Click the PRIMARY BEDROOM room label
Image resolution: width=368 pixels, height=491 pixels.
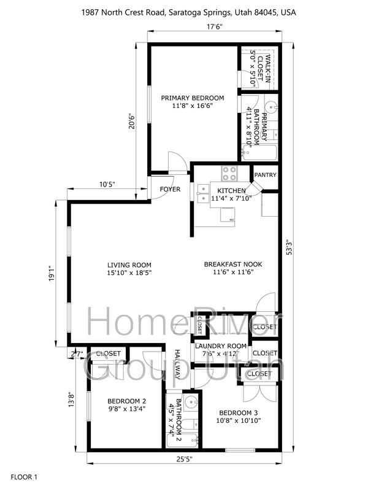click(x=193, y=98)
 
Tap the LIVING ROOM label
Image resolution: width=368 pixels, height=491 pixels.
click(x=129, y=265)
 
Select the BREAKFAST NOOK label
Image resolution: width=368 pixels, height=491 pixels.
click(x=233, y=265)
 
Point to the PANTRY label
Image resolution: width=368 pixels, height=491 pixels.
click(x=266, y=175)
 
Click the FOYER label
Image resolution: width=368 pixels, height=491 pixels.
click(x=170, y=189)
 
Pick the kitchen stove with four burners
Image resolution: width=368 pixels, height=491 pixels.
click(x=229, y=174)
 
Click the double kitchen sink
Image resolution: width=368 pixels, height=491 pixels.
click(x=203, y=194)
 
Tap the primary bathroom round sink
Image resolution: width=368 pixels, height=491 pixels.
click(x=272, y=107)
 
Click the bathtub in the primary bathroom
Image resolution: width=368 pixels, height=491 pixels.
click(x=259, y=152)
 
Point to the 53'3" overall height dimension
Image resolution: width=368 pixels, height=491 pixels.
click(x=289, y=247)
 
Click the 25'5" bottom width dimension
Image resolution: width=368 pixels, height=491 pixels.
click(x=184, y=459)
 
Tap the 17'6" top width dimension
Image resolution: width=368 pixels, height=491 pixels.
click(x=214, y=26)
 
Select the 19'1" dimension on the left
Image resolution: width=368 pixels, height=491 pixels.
click(x=52, y=273)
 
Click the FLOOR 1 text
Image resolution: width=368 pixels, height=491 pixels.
click(x=24, y=477)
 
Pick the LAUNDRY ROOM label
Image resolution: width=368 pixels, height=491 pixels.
click(x=221, y=346)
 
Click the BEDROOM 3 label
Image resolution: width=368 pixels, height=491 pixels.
click(x=239, y=413)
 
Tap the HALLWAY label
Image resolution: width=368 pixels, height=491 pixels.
click(x=177, y=364)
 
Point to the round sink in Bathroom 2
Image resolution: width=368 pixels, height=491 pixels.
click(x=190, y=401)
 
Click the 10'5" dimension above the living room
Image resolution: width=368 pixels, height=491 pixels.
click(x=107, y=184)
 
